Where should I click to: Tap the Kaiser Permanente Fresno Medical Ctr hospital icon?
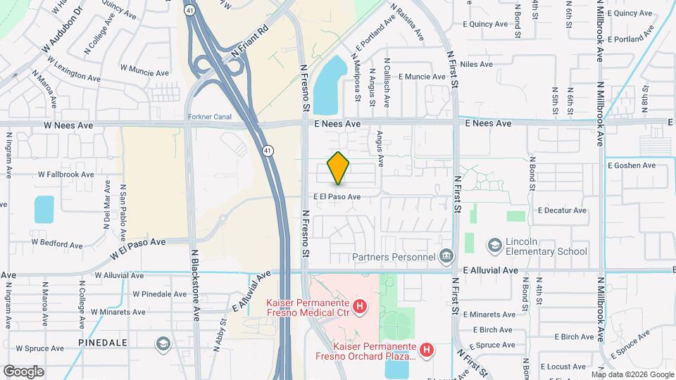coord(360,306)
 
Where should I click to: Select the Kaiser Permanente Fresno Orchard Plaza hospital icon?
coord(426,348)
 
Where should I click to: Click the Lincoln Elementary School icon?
coord(495,244)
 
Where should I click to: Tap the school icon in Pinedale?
coord(163,343)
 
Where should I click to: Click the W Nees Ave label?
coord(69,125)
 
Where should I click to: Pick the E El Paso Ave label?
coord(337,197)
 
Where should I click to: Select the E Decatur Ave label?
coord(562,210)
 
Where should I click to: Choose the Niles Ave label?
coord(477,64)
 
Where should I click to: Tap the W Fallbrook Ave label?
coord(66,174)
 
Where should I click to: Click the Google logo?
coord(23,371)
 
